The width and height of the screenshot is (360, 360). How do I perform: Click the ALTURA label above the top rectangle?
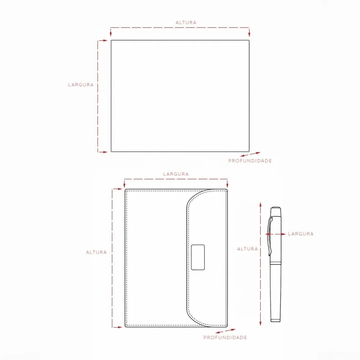click(186, 22)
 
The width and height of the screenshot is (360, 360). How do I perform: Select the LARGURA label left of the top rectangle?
click(81, 85)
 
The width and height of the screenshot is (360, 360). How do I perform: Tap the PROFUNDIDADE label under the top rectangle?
click(250, 161)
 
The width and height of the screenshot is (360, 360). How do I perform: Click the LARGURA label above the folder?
click(176, 174)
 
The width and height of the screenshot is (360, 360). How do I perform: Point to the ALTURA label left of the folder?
click(96, 252)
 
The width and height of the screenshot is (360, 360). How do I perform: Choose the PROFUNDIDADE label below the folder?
click(225, 338)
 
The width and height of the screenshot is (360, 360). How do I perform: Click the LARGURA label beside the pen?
click(301, 234)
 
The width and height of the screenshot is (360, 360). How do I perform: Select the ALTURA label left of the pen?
click(248, 249)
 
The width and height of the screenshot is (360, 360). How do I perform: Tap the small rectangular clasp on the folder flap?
click(198, 257)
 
